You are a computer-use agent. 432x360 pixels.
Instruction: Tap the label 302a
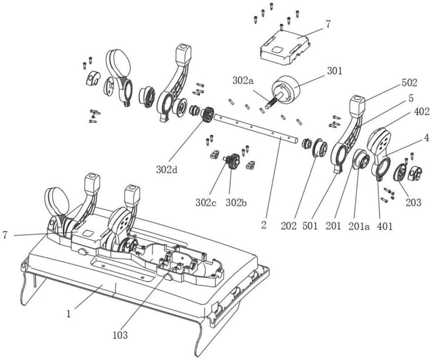coord(244,80)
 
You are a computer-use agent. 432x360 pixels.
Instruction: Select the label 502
coord(409,83)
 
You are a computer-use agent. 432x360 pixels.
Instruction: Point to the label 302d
coord(167,169)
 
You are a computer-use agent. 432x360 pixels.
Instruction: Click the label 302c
coord(206,203)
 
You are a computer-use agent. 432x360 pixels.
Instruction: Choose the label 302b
coord(236,203)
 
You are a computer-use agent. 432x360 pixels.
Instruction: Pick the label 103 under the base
coord(120,335)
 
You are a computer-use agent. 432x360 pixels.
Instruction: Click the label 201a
coord(358,226)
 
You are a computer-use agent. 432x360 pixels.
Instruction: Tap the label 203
coord(413,203)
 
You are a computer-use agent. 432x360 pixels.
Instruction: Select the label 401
coord(384,226)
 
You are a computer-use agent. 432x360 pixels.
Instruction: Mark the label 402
coord(422,112)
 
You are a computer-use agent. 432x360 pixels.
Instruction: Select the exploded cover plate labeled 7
coord(285,46)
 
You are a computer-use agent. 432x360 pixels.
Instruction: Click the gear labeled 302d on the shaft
coord(207,114)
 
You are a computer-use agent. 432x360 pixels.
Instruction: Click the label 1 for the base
coord(69,314)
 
